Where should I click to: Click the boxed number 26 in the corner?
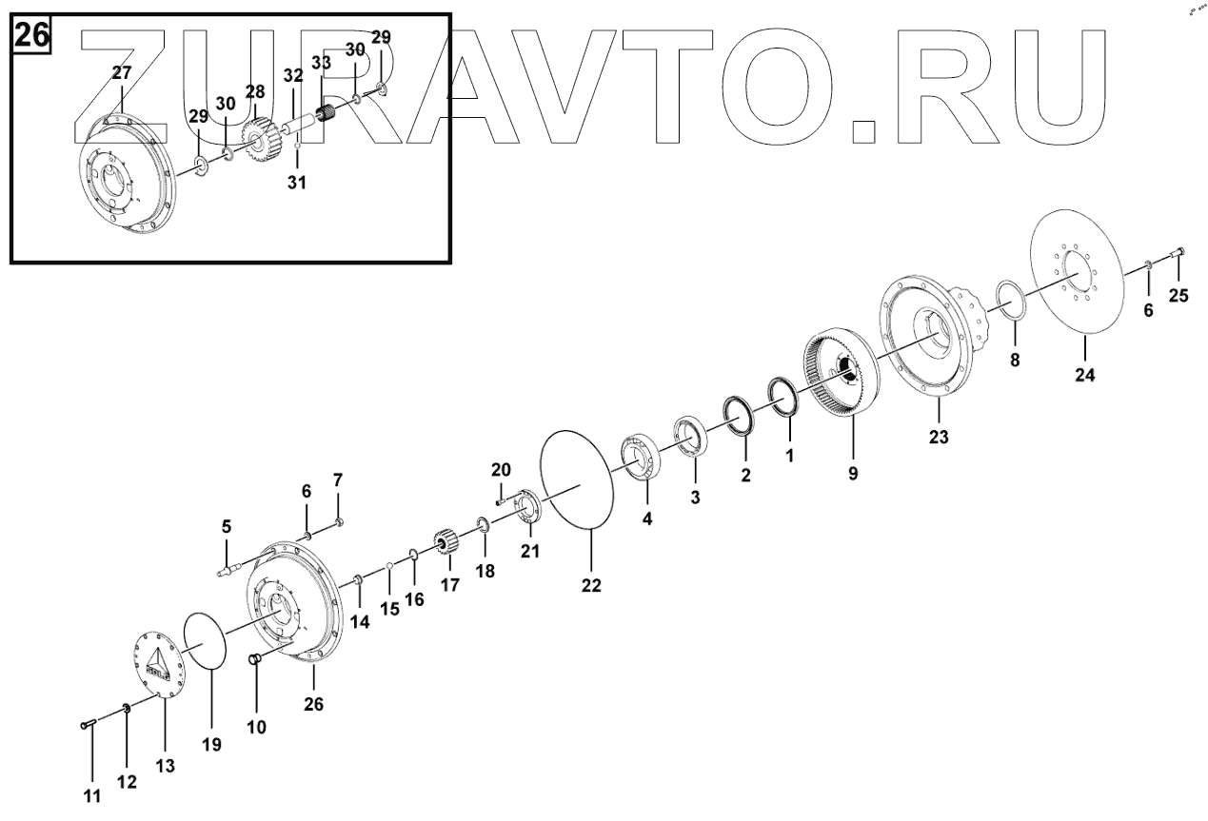[30, 35]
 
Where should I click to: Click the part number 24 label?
[1084, 375]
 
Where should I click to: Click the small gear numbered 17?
[447, 548]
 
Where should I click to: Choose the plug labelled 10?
[255, 660]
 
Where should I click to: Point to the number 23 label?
[939, 438]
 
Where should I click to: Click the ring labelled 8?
[1013, 301]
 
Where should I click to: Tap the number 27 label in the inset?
[122, 72]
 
